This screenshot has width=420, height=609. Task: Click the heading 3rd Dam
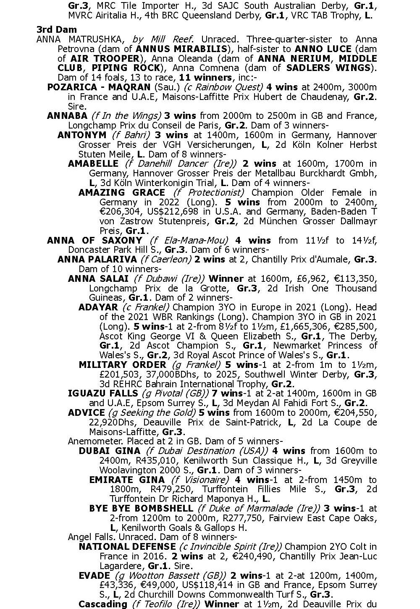(56, 29)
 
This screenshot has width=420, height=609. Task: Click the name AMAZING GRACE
(121, 192)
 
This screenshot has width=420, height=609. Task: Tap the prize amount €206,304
(121, 212)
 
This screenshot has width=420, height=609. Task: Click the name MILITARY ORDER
(122, 365)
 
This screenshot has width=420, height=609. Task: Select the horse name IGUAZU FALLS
(103, 394)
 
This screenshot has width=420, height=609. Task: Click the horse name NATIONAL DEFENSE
(127, 546)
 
